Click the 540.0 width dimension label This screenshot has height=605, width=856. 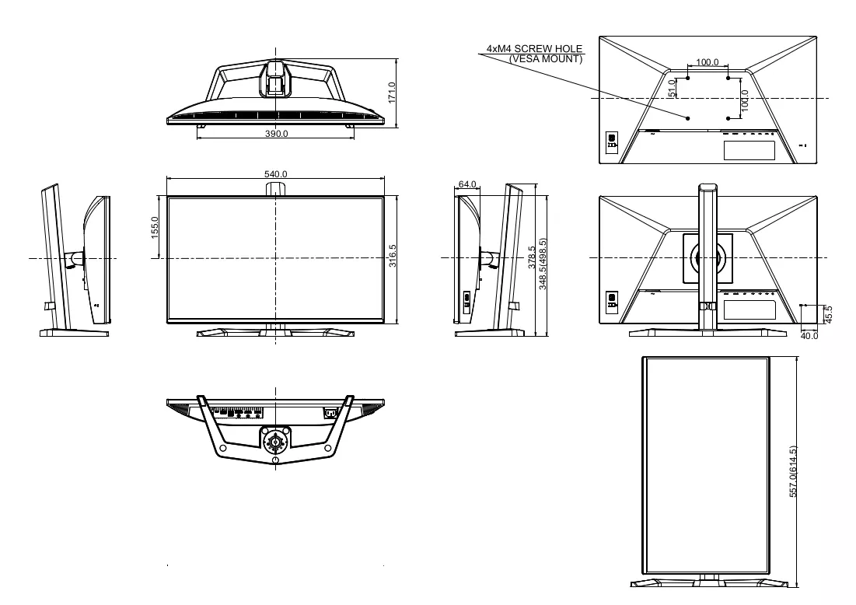(x=276, y=174)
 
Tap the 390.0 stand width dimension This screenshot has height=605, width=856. (x=276, y=133)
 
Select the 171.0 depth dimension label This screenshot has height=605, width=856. (x=391, y=93)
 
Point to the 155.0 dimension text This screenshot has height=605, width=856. (x=155, y=228)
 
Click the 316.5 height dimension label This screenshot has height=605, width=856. (x=393, y=256)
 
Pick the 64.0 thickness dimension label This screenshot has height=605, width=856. (x=467, y=184)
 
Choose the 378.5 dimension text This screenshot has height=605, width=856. (x=532, y=257)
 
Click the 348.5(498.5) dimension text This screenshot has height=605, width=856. (x=543, y=264)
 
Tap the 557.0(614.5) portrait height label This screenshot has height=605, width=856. (x=793, y=472)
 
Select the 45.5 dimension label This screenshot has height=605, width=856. (x=828, y=314)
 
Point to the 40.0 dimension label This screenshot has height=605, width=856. (x=809, y=336)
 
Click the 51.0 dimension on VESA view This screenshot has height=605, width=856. (x=672, y=88)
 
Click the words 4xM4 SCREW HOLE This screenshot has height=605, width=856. (x=534, y=48)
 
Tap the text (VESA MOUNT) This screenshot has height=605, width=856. (x=545, y=59)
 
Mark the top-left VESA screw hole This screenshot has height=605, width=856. (x=688, y=78)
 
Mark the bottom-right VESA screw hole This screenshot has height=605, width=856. (x=728, y=118)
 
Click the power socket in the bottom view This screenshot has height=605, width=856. (x=329, y=413)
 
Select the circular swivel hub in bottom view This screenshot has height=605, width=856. (x=276, y=440)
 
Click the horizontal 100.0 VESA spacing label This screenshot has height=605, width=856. (x=708, y=62)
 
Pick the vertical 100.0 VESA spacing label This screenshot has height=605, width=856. (x=745, y=101)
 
